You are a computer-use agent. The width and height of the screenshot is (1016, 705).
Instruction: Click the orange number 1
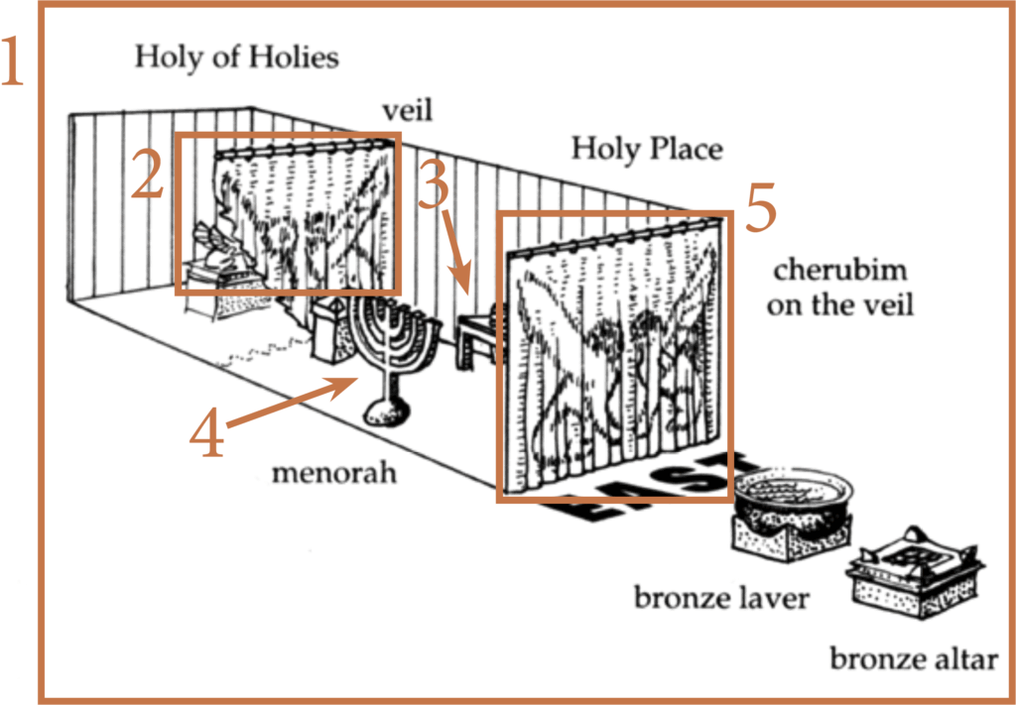(18, 62)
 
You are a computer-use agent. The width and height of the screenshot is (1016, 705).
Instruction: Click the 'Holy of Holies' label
(236, 57)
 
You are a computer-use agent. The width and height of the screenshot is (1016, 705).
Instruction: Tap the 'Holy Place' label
(646, 150)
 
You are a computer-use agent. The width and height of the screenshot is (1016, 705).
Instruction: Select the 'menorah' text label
(334, 474)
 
